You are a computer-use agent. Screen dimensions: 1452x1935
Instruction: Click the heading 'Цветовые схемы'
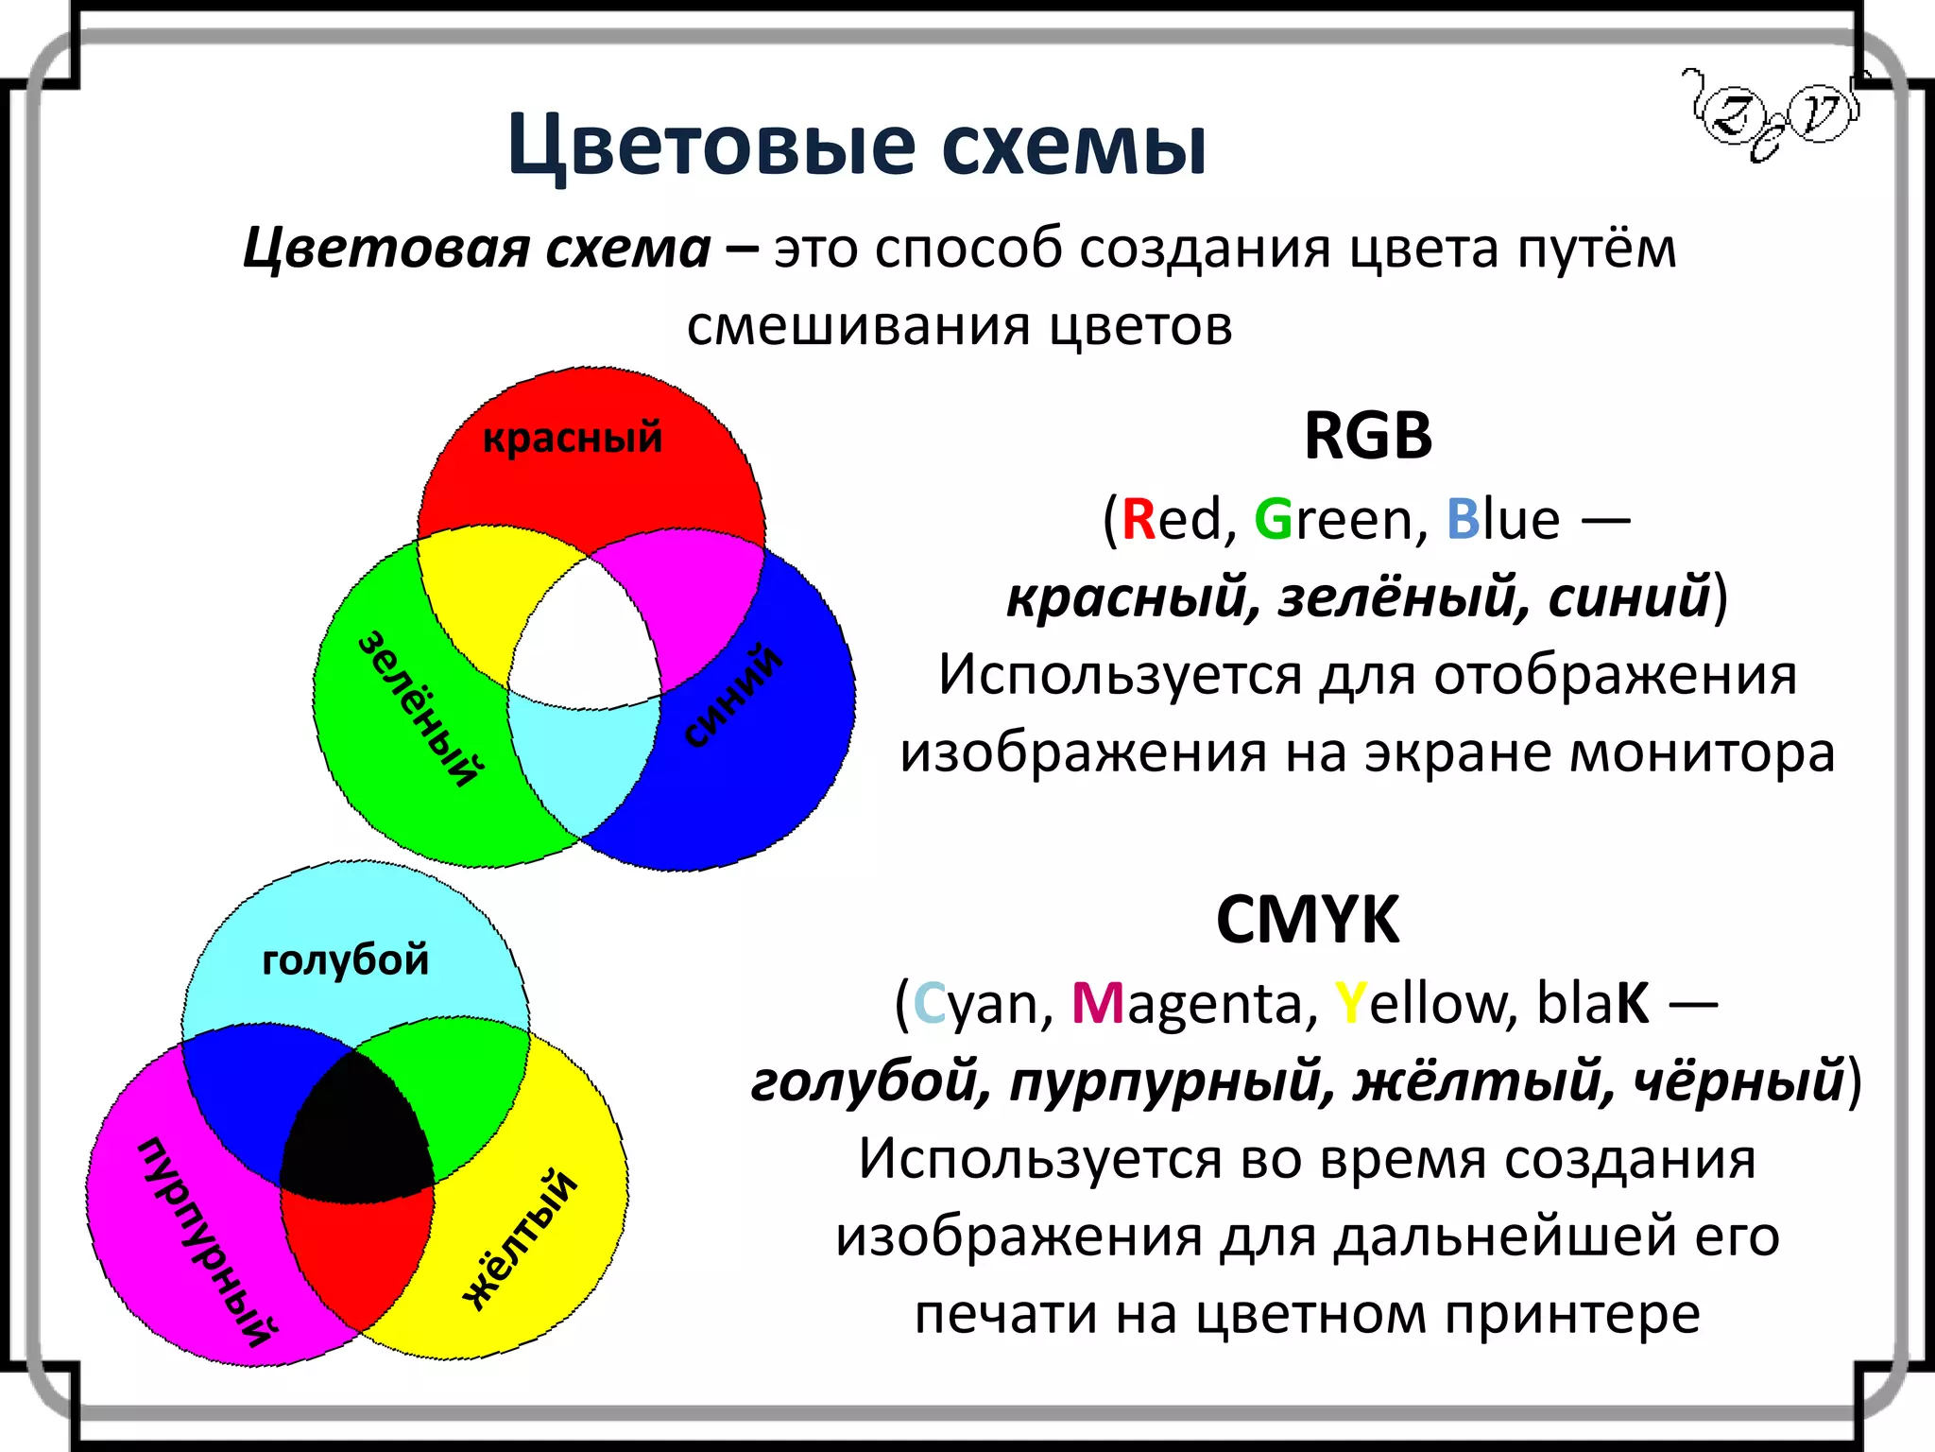point(856,147)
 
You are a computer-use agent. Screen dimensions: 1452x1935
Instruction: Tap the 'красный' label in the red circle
point(573,438)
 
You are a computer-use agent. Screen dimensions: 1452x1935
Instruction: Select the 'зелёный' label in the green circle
point(421,708)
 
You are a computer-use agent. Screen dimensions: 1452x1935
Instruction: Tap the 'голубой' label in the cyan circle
point(345,959)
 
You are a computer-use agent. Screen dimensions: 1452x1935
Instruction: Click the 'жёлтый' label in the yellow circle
point(520,1239)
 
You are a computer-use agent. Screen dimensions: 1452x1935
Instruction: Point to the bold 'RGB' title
point(1367,437)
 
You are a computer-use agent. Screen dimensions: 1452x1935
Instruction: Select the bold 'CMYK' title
point(1307,920)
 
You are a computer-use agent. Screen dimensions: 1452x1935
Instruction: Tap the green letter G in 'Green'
point(1273,520)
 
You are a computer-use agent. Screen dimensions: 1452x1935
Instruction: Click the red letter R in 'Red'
point(1139,520)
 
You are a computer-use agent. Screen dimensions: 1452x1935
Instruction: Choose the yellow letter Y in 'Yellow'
point(1350,1004)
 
